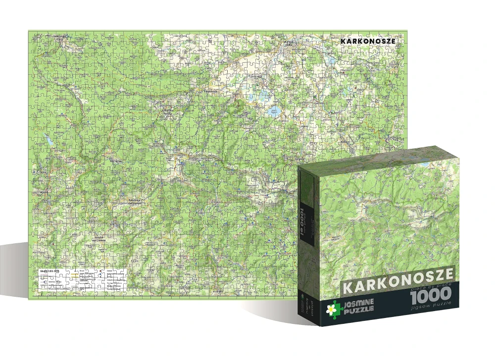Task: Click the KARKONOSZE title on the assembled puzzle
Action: (x=368, y=41)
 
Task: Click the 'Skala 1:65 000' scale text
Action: (x=50, y=271)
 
